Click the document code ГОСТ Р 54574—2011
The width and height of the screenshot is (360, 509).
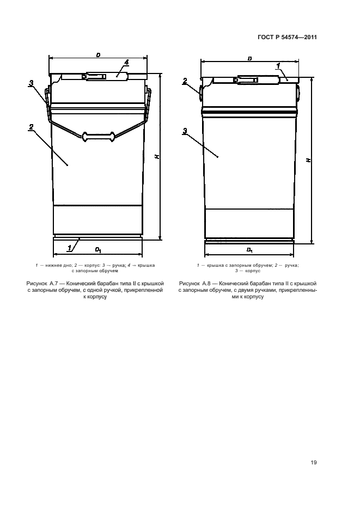click(287, 37)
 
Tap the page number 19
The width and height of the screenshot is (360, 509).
click(314, 462)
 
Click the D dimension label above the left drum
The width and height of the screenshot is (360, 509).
click(98, 55)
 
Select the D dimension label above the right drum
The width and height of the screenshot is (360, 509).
click(249, 59)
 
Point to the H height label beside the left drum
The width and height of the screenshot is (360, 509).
click(157, 156)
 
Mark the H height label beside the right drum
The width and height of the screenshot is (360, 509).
click(308, 160)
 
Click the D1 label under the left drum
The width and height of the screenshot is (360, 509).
click(98, 250)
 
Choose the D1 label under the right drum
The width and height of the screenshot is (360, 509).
click(249, 250)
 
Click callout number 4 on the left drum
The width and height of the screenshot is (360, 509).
click(126, 62)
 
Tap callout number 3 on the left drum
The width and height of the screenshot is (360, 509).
click(31, 83)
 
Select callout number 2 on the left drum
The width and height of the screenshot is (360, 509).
click(31, 127)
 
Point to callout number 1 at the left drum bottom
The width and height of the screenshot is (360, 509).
click(69, 248)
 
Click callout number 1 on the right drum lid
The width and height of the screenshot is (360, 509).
click(278, 66)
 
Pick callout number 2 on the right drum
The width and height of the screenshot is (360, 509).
click(185, 81)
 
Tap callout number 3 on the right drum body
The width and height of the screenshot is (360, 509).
click(185, 131)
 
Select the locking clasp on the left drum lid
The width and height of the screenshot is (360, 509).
click(94, 77)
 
